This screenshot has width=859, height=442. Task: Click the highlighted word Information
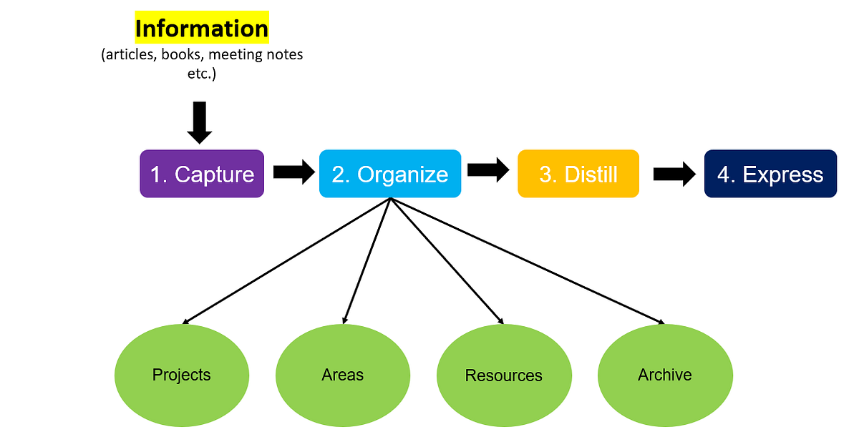coord(201,29)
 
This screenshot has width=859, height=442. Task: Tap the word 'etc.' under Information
coord(201,73)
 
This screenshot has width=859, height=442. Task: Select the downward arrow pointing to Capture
coord(200,122)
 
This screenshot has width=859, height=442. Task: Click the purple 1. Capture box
coord(202,174)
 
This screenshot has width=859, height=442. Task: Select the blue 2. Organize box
coord(389,174)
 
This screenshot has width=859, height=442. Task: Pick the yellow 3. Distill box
coord(578,174)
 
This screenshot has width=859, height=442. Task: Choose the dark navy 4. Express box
coord(770,174)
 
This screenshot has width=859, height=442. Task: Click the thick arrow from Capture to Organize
coord(293,172)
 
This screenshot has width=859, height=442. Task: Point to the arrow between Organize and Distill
coord(488,170)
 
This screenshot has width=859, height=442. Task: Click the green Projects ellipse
coord(182,375)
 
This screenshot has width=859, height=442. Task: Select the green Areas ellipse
coord(343,375)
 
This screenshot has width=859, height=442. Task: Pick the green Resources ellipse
coord(504,375)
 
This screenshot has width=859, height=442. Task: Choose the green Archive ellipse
coord(665,375)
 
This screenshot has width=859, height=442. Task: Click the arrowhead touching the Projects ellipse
coord(188,320)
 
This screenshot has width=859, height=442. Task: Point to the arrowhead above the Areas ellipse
coord(346,319)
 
